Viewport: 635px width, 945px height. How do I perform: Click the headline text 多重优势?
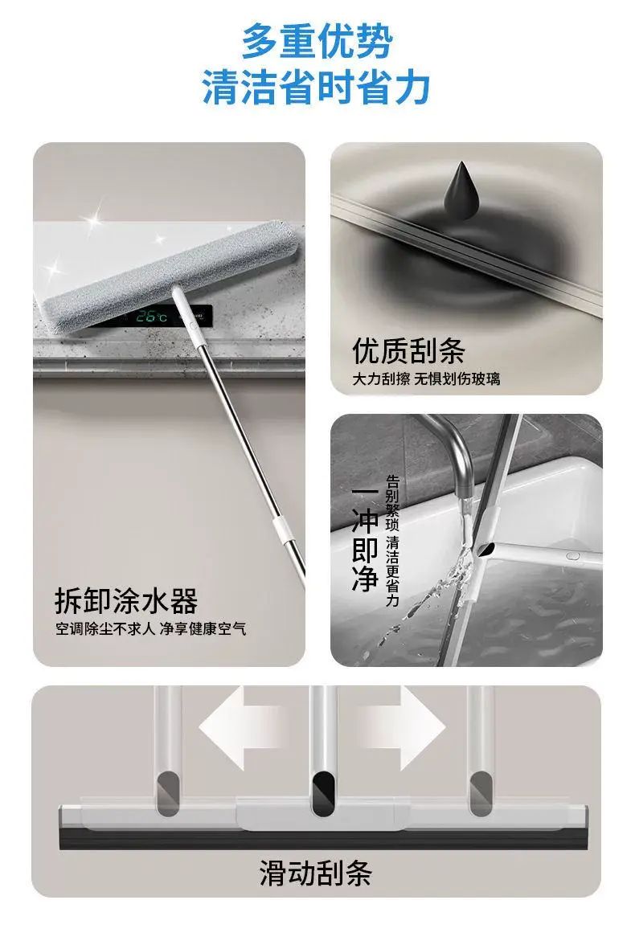[317, 42]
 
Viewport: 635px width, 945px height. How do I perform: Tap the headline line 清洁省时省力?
[316, 88]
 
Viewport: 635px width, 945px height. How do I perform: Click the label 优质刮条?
[408, 350]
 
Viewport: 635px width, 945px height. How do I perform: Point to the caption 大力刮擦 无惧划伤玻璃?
[426, 379]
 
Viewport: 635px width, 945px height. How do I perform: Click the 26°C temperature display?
[151, 316]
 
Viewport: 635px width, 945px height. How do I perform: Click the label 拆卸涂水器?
[127, 600]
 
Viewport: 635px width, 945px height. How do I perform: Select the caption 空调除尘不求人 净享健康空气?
[151, 629]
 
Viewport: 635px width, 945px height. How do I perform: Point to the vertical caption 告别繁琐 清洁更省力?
[392, 541]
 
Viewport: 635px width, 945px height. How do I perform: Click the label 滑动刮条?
[316, 873]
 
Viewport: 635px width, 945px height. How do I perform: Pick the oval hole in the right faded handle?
[479, 794]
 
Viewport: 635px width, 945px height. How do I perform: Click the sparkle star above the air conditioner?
[92, 220]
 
